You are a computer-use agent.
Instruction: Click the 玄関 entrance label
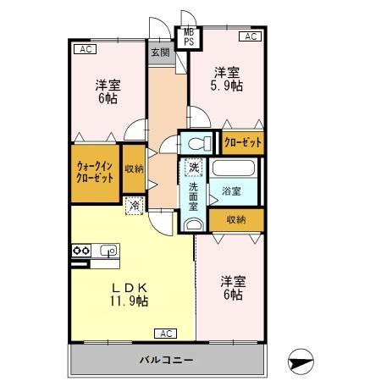click(x=160, y=52)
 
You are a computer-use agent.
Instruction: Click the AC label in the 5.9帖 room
click(x=251, y=36)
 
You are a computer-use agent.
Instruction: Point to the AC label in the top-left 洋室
click(x=84, y=49)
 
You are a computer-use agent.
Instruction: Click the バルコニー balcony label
click(x=166, y=360)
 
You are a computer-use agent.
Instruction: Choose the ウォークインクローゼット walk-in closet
click(x=95, y=173)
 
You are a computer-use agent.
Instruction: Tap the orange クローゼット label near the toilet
click(x=243, y=142)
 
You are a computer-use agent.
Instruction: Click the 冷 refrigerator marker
click(x=135, y=204)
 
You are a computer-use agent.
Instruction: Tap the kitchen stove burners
click(x=81, y=251)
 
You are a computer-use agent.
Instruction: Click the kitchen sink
click(x=108, y=251)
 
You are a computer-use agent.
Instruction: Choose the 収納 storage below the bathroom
click(x=236, y=219)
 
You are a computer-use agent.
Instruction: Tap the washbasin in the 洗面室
click(x=195, y=224)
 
